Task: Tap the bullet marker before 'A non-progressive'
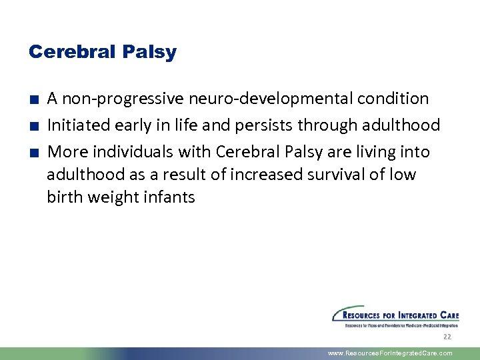(33, 100)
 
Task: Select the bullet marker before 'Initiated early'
(33, 127)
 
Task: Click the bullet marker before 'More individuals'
(33, 153)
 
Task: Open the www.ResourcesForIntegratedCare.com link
(390, 353)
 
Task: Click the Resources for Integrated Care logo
(395, 317)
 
